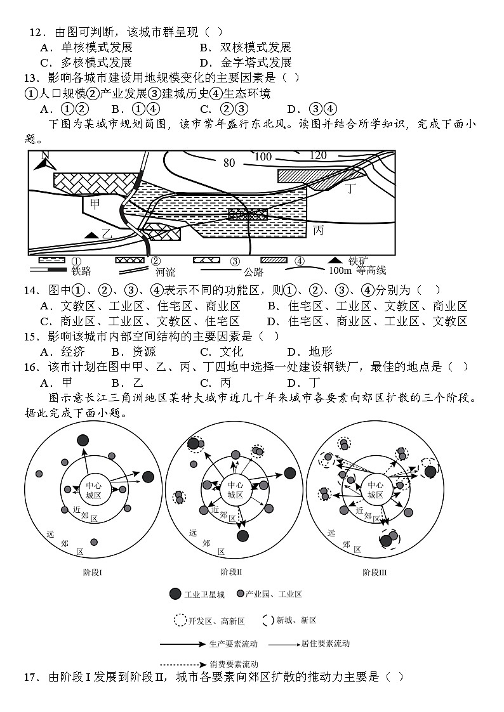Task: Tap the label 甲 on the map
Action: click(x=95, y=204)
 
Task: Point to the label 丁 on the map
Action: click(x=351, y=188)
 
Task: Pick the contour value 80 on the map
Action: click(x=229, y=164)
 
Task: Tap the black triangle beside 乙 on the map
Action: click(x=93, y=235)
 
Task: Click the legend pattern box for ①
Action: click(x=52, y=260)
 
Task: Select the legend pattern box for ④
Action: click(x=274, y=260)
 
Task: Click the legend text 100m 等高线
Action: click(x=357, y=271)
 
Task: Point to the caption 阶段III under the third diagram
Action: click(x=375, y=572)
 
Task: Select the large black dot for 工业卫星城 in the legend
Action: click(x=175, y=594)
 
